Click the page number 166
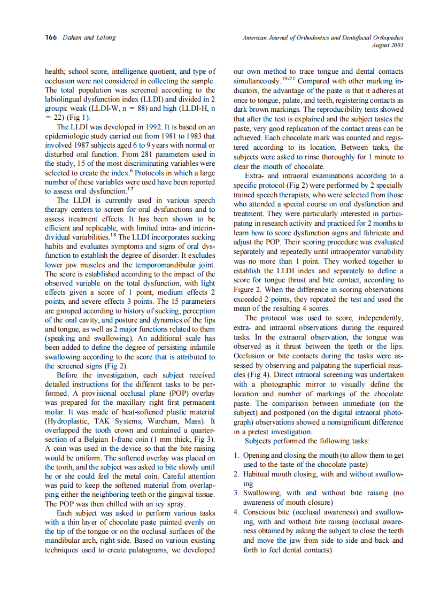(51, 37)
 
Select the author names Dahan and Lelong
(89, 37)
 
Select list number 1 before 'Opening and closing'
(236, 455)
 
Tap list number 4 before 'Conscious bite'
(236, 511)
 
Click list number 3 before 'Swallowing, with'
(236, 493)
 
